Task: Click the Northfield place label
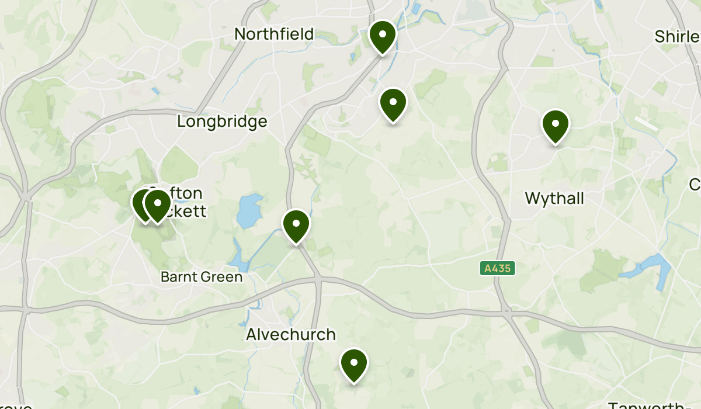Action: click(x=274, y=34)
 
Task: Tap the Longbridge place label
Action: click(x=222, y=122)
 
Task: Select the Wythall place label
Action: click(x=554, y=199)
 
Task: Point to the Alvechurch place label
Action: click(x=291, y=335)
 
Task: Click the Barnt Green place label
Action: click(x=202, y=277)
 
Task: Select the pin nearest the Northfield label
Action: click(x=382, y=36)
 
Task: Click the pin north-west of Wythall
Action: click(x=556, y=126)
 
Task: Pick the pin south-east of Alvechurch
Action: click(x=353, y=365)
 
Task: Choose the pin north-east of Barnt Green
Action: click(x=296, y=226)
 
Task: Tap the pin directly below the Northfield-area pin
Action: click(x=393, y=104)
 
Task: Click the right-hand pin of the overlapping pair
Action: click(x=158, y=206)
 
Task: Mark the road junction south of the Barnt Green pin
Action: click(x=318, y=282)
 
